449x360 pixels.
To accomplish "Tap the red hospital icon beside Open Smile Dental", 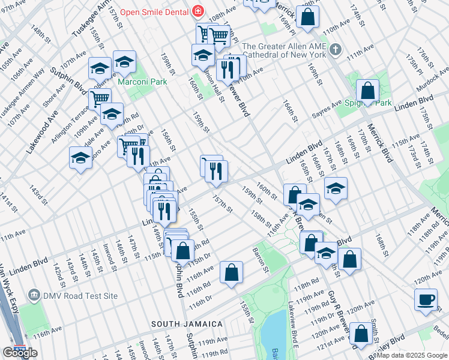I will tap(197, 12).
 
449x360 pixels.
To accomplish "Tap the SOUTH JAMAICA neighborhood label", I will tap(187, 324).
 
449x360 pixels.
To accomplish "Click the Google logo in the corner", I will tap(20, 353).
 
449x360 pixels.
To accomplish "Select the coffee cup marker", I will tap(426, 299).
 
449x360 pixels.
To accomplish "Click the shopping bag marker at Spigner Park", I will tap(367, 91).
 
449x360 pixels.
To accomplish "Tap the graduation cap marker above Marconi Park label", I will tap(124, 62).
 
